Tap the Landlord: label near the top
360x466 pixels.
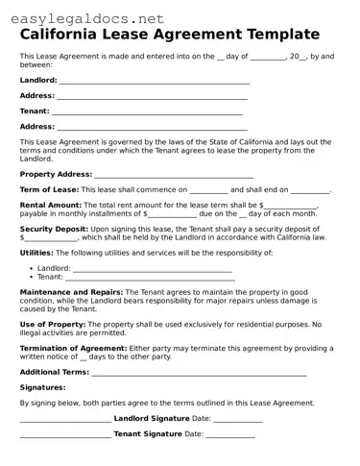tap(38, 81)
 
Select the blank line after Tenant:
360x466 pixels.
tap(147, 111)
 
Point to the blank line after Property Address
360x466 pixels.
tap(174, 176)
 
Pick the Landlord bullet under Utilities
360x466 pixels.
tap(54, 268)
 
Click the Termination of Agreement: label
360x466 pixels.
tap(73, 347)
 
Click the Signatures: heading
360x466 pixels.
tap(43, 387)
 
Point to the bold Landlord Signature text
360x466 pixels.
tap(152, 419)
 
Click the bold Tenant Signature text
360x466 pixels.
tap(148, 434)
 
